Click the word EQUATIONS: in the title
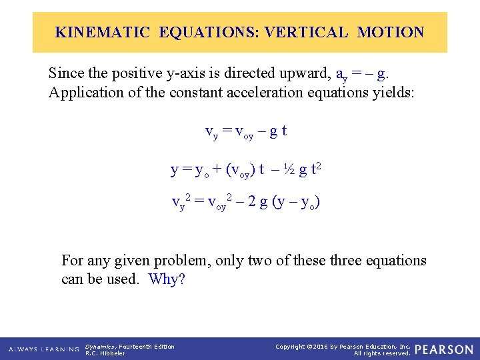(209, 32)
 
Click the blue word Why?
(167, 279)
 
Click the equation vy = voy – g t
(246, 131)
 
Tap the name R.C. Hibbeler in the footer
(105, 353)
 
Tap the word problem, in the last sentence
(182, 260)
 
